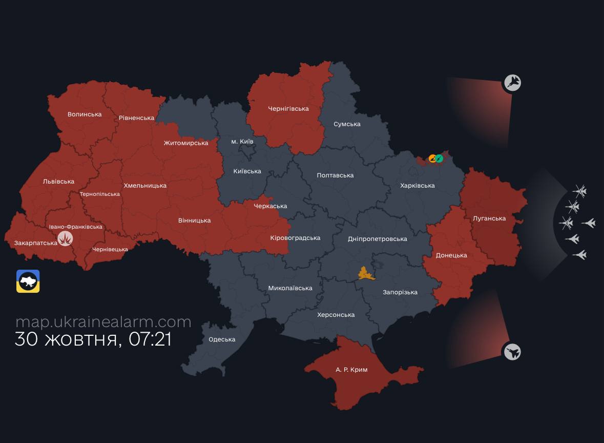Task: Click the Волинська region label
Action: (85, 114)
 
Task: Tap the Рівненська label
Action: (136, 118)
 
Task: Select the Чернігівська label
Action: (288, 109)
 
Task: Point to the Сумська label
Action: (347, 124)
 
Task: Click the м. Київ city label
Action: (242, 142)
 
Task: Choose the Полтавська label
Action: (335, 175)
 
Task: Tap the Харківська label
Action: (417, 186)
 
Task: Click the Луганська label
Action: (489, 218)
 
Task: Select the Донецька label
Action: (451, 255)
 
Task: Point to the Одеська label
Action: (222, 339)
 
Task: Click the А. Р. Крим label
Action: (351, 370)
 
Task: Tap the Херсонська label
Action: (336, 315)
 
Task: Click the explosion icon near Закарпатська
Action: (66, 238)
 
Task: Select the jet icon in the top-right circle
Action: (512, 83)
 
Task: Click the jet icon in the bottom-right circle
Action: (512, 352)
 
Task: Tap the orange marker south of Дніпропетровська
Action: (366, 274)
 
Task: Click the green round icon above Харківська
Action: (439, 158)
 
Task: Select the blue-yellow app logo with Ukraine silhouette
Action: (28, 281)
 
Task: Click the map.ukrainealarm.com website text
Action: (103, 322)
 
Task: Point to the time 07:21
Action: (150, 339)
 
